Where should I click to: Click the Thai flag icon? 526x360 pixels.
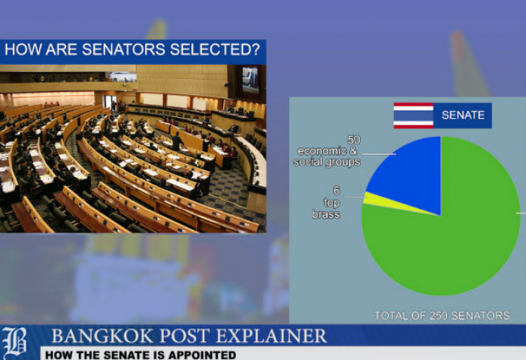(x=413, y=116)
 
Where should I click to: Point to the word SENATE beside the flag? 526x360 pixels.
(x=463, y=116)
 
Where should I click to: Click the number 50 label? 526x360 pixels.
(x=354, y=141)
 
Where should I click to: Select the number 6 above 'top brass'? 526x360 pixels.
(x=337, y=191)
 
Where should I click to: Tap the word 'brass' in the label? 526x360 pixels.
(x=327, y=214)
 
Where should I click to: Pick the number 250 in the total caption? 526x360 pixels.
(x=437, y=316)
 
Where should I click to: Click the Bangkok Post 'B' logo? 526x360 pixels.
(x=15, y=342)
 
